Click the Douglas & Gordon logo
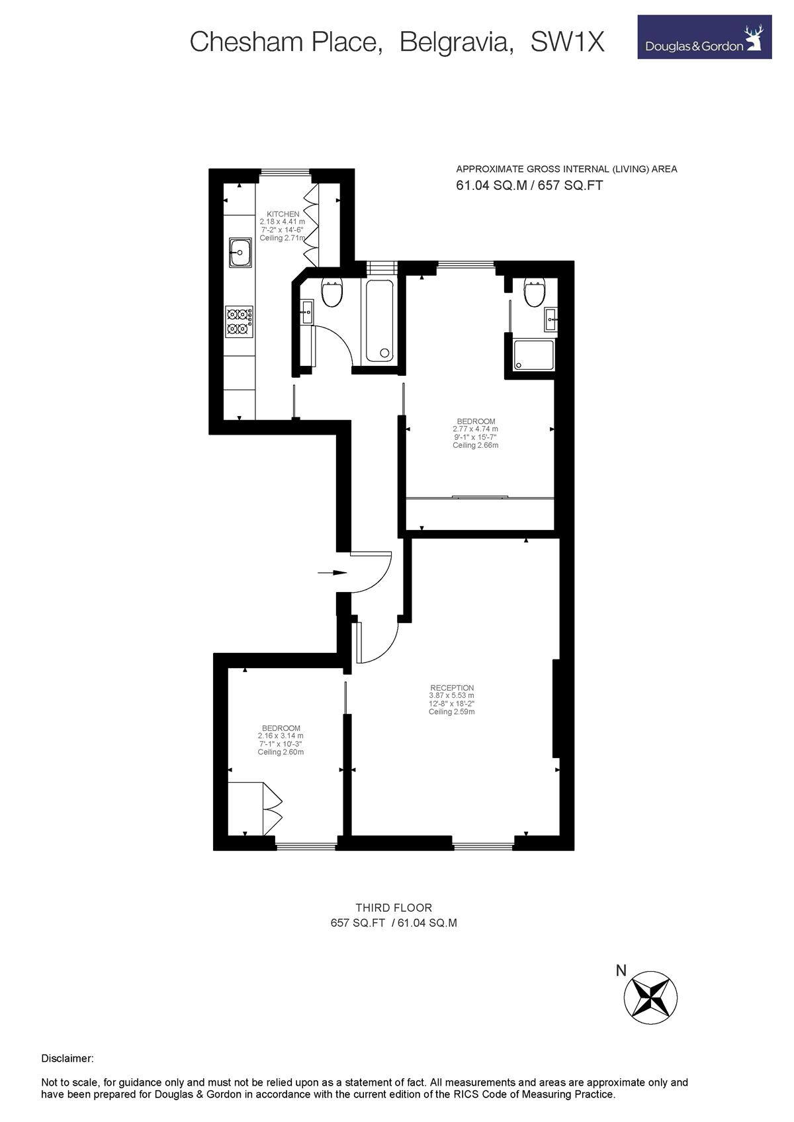(x=704, y=37)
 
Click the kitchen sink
(x=240, y=252)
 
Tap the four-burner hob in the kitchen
(x=240, y=322)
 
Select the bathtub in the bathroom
(x=379, y=320)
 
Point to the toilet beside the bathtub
(x=331, y=293)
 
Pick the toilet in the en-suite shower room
(x=534, y=293)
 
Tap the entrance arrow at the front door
(x=332, y=573)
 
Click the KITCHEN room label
(x=283, y=214)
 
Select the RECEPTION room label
(x=452, y=687)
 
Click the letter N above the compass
(x=621, y=971)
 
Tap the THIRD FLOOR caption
(x=394, y=908)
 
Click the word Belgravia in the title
(x=456, y=42)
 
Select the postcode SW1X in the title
(x=568, y=42)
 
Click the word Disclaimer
(x=67, y=1058)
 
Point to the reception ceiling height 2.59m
(x=452, y=712)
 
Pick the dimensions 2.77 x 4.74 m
(x=475, y=429)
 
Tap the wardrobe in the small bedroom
(x=255, y=808)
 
